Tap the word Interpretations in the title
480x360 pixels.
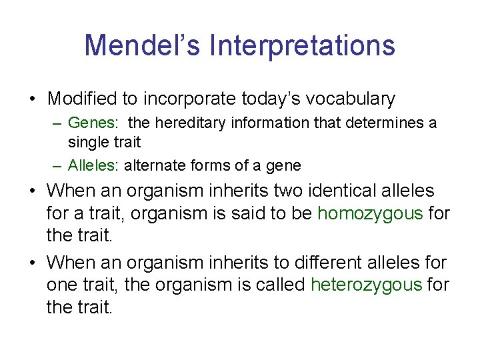tap(302, 45)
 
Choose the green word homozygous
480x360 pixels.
tap(370, 213)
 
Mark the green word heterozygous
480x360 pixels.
tap(367, 285)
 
